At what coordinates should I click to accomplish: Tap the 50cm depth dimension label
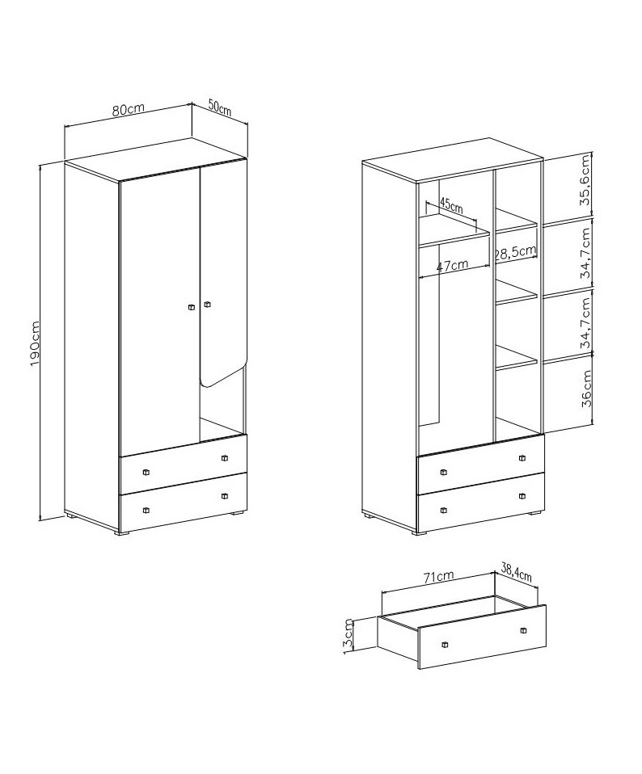click(220, 107)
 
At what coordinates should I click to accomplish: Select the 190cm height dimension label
click(35, 343)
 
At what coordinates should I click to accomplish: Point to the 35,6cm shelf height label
click(585, 180)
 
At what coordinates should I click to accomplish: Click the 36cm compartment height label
click(585, 389)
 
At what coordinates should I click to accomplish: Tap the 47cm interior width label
click(452, 265)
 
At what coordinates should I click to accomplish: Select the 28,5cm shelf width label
click(516, 251)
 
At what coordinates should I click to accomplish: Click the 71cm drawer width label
click(439, 576)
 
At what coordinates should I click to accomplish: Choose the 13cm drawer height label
click(348, 637)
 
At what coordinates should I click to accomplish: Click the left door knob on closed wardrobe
click(192, 307)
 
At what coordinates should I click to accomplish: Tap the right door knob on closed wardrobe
click(207, 304)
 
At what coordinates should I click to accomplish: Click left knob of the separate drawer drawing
click(444, 644)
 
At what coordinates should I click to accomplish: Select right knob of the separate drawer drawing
click(522, 630)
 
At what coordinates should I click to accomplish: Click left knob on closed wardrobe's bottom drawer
click(146, 510)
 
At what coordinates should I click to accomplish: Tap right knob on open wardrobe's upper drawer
click(522, 458)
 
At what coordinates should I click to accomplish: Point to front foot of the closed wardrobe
click(123, 533)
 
